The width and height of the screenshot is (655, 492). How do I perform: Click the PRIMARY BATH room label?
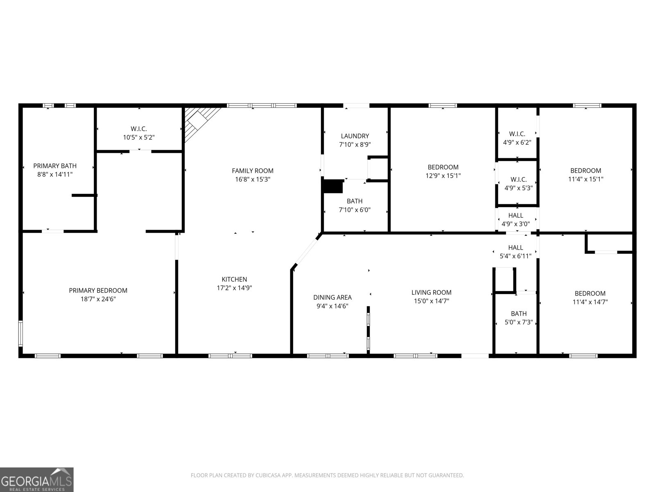(x=55, y=166)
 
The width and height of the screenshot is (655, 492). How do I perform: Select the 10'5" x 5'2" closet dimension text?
(x=139, y=137)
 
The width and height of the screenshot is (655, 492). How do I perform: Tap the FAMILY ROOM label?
(x=253, y=171)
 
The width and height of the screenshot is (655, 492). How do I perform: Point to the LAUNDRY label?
(x=355, y=136)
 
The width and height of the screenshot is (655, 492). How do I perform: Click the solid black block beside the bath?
(x=333, y=186)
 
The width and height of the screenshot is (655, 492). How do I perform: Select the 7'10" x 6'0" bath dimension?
(x=355, y=210)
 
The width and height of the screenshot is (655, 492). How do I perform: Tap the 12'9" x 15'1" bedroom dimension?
(x=443, y=175)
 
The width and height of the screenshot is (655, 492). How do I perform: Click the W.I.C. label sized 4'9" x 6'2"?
(x=517, y=134)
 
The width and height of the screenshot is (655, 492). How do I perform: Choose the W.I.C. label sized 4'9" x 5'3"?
(x=518, y=180)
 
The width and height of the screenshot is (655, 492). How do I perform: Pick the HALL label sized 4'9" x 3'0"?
(x=516, y=215)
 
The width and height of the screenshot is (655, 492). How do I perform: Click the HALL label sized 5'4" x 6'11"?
(x=516, y=247)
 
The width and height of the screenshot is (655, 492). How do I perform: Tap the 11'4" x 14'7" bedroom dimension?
(x=590, y=302)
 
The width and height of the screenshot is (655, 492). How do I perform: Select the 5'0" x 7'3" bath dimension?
(x=519, y=322)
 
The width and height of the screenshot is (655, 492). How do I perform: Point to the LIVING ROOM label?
(x=431, y=292)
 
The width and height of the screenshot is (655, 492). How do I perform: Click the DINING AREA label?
(x=332, y=297)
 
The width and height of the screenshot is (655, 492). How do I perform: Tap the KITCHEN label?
(x=234, y=279)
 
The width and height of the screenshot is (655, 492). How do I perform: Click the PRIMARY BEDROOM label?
(x=98, y=290)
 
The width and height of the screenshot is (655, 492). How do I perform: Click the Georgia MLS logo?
(x=37, y=480)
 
